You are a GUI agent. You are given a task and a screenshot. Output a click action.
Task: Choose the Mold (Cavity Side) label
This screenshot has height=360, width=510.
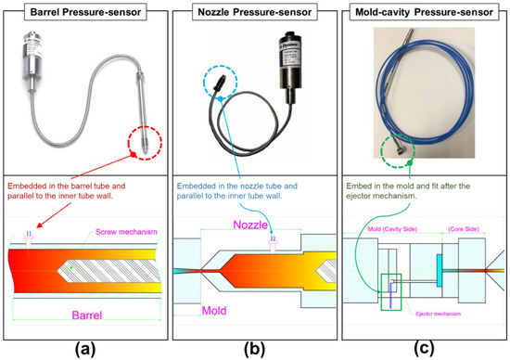(389, 225)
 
